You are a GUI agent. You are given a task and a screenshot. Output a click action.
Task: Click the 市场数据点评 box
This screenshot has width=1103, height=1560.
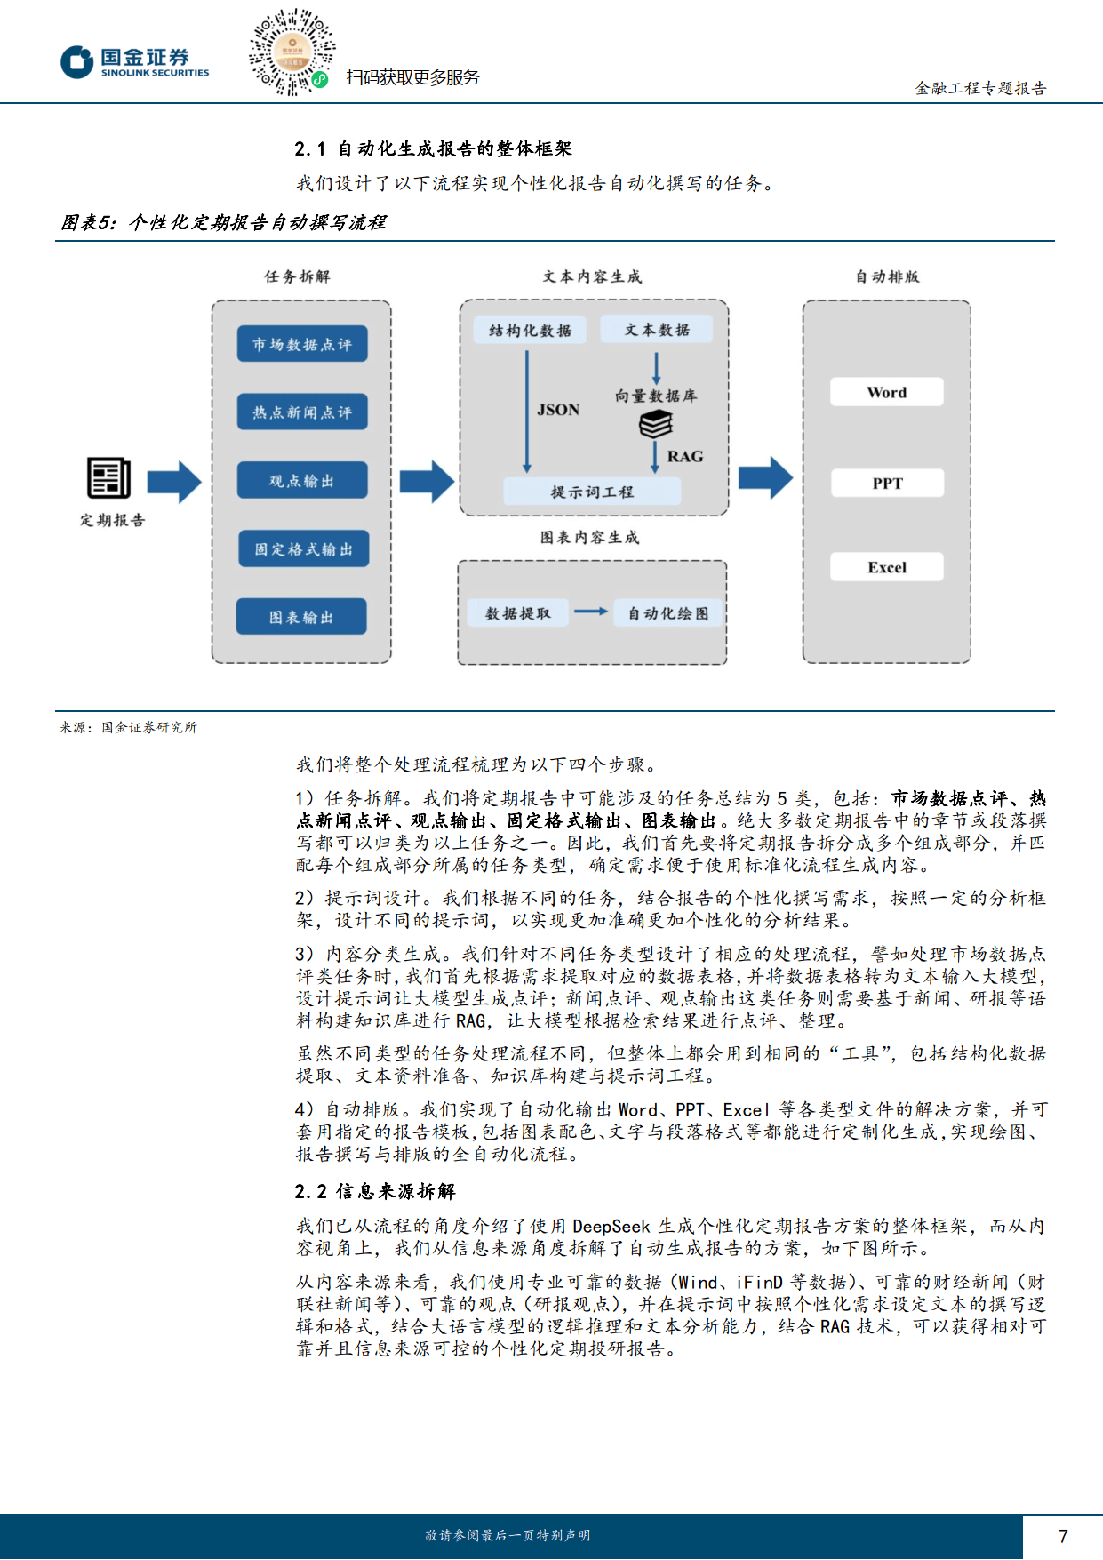(302, 344)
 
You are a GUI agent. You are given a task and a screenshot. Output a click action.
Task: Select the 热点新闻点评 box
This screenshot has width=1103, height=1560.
(302, 412)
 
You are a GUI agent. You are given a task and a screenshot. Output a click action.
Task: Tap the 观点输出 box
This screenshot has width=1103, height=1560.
(302, 481)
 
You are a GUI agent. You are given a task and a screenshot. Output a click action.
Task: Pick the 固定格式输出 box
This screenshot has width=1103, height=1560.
(303, 549)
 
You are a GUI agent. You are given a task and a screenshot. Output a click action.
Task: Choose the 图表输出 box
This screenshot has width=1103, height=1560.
(301, 617)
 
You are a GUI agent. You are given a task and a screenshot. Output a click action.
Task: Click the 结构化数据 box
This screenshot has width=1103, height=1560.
(530, 331)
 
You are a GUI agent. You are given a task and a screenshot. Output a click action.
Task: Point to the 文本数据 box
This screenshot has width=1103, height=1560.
(657, 330)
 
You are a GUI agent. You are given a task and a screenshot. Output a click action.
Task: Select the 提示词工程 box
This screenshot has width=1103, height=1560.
(592, 492)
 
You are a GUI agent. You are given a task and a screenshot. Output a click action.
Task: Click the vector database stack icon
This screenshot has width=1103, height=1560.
(656, 425)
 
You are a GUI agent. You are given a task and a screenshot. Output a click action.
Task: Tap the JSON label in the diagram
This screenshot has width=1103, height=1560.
(558, 410)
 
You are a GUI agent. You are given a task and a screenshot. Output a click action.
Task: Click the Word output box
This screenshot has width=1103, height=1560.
(887, 392)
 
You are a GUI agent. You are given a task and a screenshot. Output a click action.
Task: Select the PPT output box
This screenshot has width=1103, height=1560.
(887, 484)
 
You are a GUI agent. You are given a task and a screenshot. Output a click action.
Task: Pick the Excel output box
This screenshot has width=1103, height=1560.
(887, 567)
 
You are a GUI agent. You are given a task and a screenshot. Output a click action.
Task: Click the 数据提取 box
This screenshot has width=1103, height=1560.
(518, 613)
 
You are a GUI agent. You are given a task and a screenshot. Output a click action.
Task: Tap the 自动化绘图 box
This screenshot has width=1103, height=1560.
(668, 613)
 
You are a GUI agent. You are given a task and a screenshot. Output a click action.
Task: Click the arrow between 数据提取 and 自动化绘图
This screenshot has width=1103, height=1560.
(591, 612)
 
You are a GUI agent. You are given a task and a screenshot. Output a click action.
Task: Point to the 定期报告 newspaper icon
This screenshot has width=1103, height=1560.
(109, 478)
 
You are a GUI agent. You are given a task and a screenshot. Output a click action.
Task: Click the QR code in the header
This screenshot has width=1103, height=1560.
(292, 52)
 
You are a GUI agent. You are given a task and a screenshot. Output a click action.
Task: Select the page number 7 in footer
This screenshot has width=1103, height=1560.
(1063, 1536)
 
